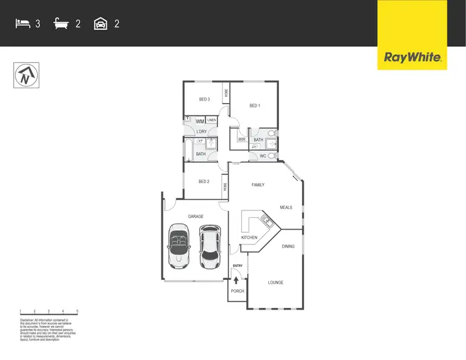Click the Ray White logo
(x=413, y=58)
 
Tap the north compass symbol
(x=25, y=76)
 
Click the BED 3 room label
(x=204, y=99)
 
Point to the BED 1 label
(x=254, y=106)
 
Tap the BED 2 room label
(x=204, y=181)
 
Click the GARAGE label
(x=196, y=217)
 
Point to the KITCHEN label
(x=249, y=238)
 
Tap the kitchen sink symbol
(x=267, y=219)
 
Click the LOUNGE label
(x=275, y=282)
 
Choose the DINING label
(x=288, y=246)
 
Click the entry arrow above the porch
(x=236, y=280)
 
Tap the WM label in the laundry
(x=200, y=121)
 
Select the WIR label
(x=242, y=140)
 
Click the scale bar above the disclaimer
(x=48, y=311)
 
